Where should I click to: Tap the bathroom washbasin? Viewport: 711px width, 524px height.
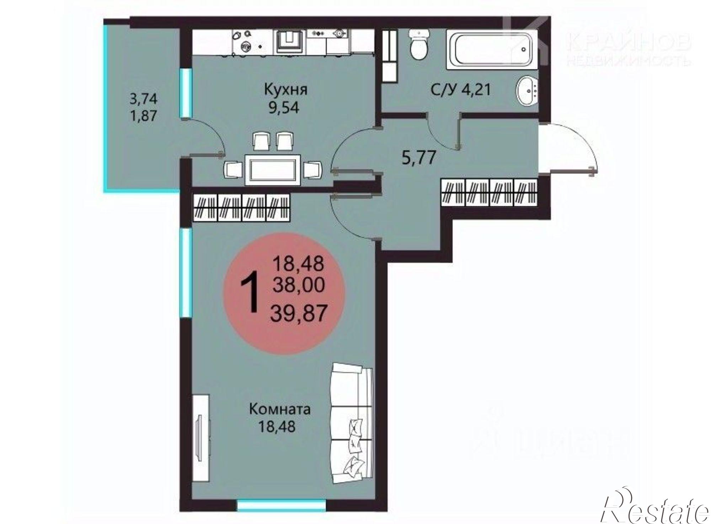[x=526, y=91]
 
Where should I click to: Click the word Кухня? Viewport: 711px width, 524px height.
[x=285, y=90]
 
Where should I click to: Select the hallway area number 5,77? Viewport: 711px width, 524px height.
[x=418, y=158]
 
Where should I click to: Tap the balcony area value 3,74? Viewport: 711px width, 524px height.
[x=143, y=99]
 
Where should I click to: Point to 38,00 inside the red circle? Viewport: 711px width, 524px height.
[x=299, y=285]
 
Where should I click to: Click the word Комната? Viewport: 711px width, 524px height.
[x=280, y=409]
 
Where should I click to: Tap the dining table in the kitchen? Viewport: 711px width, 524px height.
[x=272, y=170]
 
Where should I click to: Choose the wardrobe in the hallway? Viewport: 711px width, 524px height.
[x=488, y=193]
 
